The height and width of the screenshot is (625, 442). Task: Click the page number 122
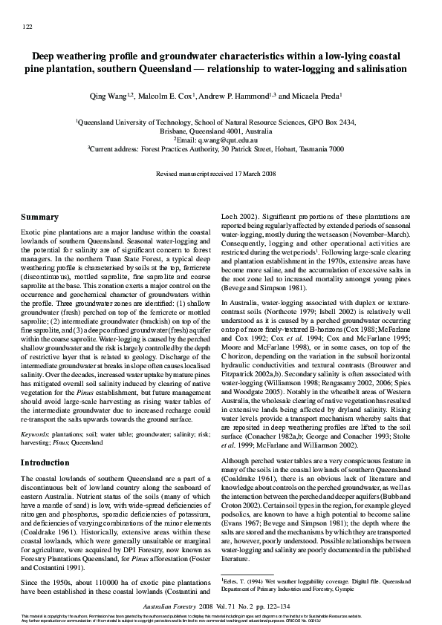(x=27, y=27)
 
